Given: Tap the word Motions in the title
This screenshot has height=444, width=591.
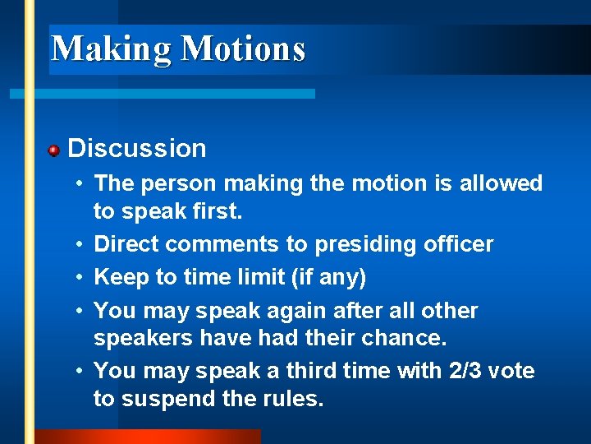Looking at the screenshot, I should (243, 49).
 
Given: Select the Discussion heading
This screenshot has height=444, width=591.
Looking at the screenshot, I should (137, 149).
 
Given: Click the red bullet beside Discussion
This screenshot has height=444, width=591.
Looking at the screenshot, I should (53, 150).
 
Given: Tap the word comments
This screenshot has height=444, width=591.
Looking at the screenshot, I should (208, 245).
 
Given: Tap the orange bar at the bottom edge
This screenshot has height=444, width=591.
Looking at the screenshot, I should (148, 437).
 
